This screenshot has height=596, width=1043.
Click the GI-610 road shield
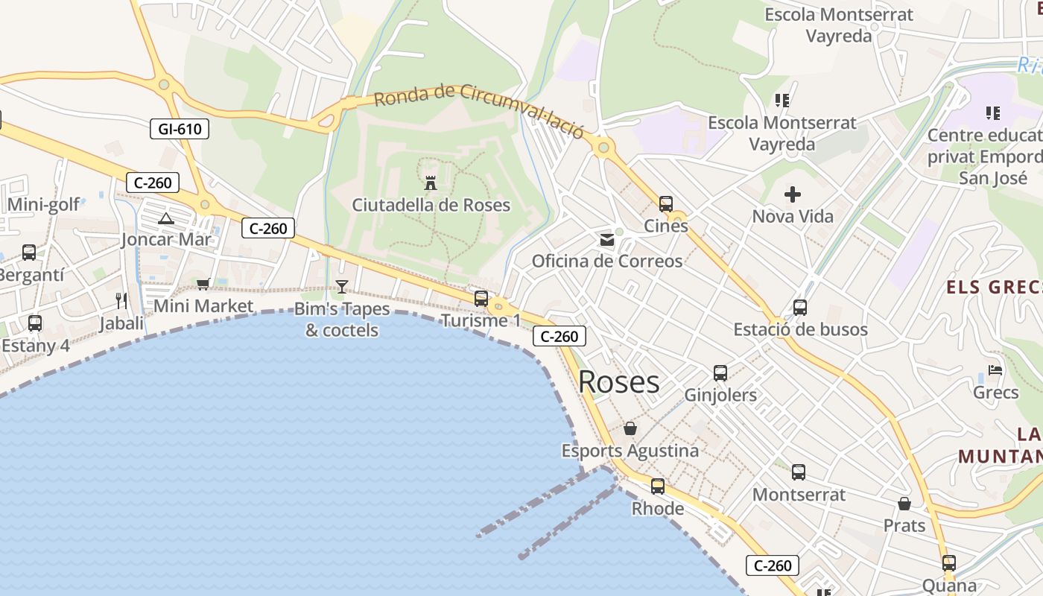click(180, 129)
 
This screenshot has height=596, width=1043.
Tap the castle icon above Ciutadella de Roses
click(431, 183)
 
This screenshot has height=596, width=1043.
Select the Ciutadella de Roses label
click(431, 205)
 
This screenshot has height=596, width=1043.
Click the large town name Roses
click(618, 382)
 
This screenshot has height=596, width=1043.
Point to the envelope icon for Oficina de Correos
click(607, 240)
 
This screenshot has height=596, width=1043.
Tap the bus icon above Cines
click(666, 203)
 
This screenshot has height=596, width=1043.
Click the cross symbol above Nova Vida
click(793, 195)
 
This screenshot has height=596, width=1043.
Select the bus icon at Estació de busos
click(800, 307)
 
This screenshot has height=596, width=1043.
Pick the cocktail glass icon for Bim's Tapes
click(342, 286)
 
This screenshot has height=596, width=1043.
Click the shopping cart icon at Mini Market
click(203, 284)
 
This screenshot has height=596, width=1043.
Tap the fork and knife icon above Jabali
click(121, 301)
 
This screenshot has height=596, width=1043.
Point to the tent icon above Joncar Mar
click(166, 218)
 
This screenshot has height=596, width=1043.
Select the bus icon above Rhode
click(658, 486)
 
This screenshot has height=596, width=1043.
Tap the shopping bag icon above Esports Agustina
click(630, 428)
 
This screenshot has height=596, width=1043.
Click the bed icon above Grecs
click(995, 370)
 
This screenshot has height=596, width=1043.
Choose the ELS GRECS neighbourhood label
click(993, 288)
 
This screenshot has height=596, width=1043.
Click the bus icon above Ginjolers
click(720, 373)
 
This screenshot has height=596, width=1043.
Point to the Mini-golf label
click(43, 205)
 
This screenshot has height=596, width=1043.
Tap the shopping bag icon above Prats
click(904, 504)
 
